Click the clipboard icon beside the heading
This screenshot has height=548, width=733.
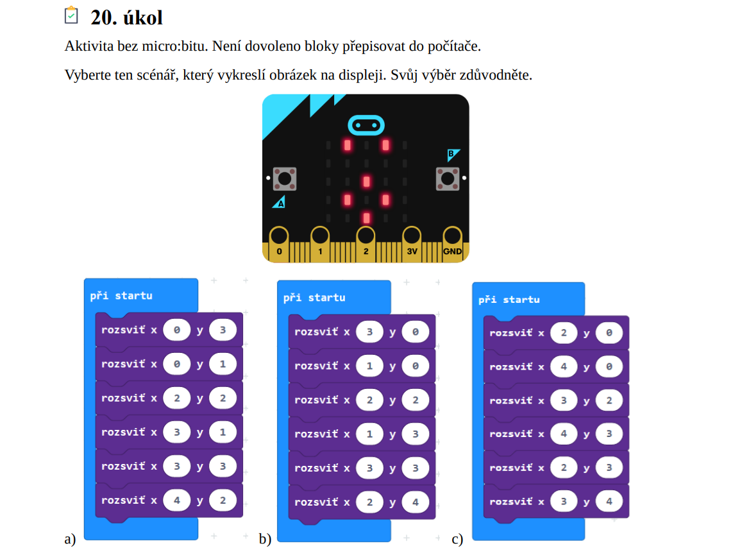[x=72, y=15]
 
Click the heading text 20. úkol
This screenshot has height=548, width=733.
[x=127, y=17]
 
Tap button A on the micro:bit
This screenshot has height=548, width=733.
[x=284, y=178]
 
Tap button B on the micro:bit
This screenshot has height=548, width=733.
[x=448, y=178]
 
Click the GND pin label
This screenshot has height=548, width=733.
[x=452, y=252]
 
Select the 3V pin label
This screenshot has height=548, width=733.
[x=412, y=252]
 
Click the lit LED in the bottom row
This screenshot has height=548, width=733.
[x=366, y=218]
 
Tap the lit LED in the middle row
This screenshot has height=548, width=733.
[x=366, y=182]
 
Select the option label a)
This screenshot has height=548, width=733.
[x=71, y=539]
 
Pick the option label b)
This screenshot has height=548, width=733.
[x=265, y=539]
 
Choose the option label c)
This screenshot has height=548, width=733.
[x=457, y=540]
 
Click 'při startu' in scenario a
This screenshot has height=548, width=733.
[x=121, y=296]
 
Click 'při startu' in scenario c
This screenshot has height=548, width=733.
[x=509, y=300]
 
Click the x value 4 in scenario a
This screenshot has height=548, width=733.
[x=177, y=500]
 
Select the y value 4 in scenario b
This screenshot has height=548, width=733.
[x=416, y=502]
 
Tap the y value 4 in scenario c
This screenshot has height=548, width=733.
[x=609, y=501]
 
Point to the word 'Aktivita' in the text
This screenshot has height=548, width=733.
[x=87, y=46]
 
